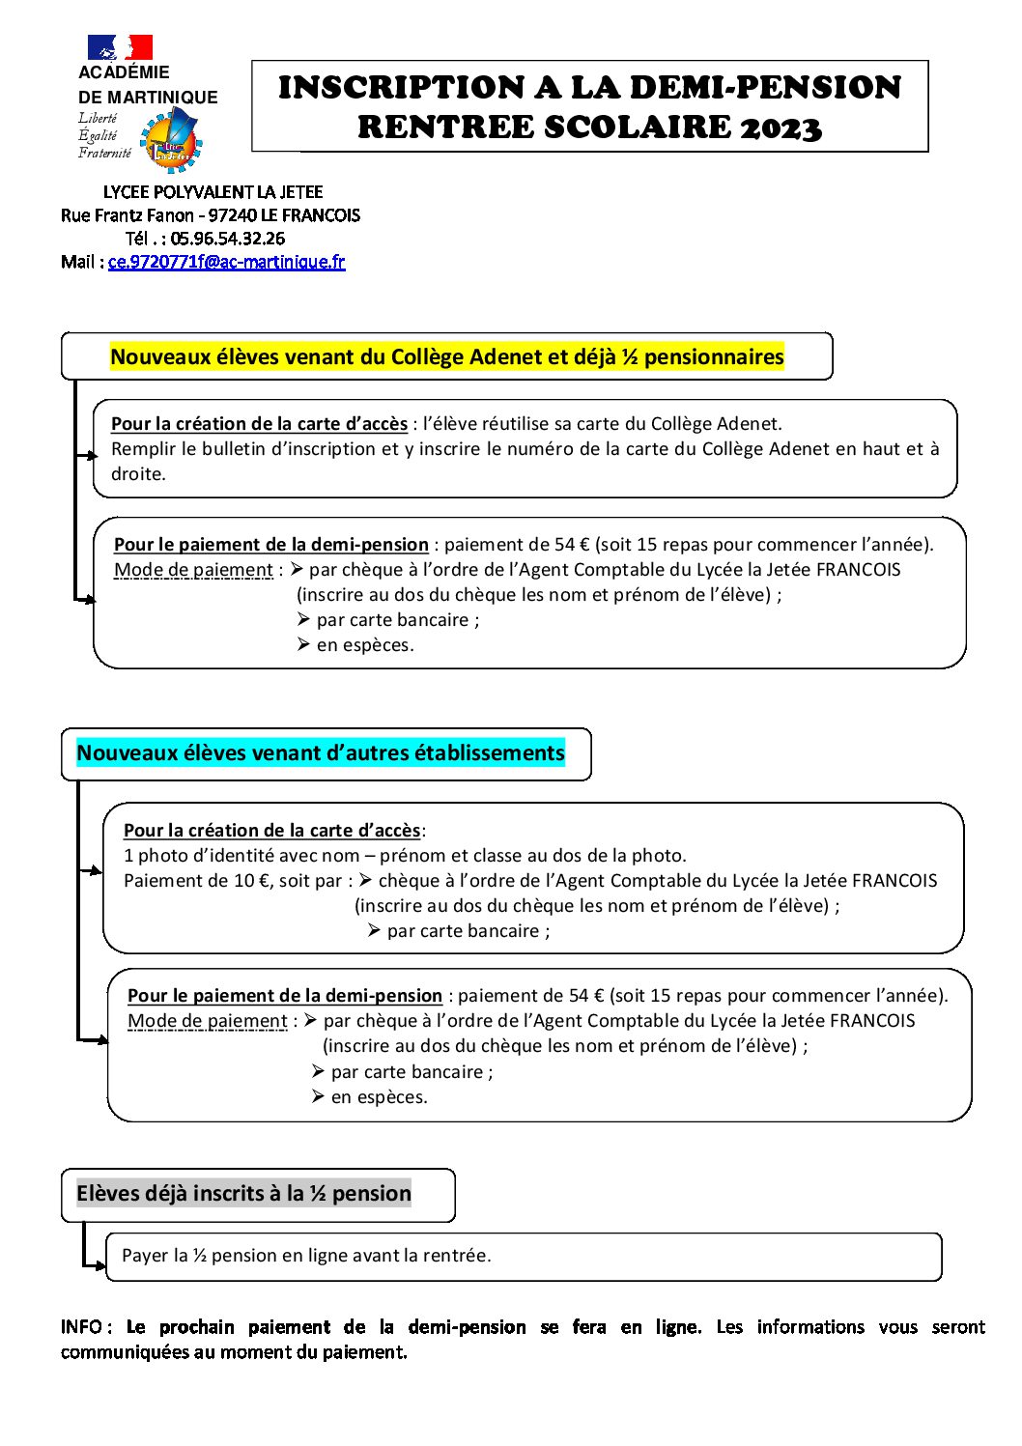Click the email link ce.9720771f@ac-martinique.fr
(226, 262)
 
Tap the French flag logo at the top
(120, 47)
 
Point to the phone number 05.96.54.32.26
(228, 239)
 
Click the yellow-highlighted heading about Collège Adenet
(446, 357)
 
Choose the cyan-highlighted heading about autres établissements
(320, 753)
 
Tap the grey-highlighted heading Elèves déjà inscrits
(243, 1194)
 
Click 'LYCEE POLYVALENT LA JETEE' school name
(213, 192)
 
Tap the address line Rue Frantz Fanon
(210, 215)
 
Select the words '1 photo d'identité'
(199, 856)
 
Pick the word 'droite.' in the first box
(138, 474)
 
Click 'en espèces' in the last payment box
(378, 1097)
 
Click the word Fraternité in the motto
(104, 153)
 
